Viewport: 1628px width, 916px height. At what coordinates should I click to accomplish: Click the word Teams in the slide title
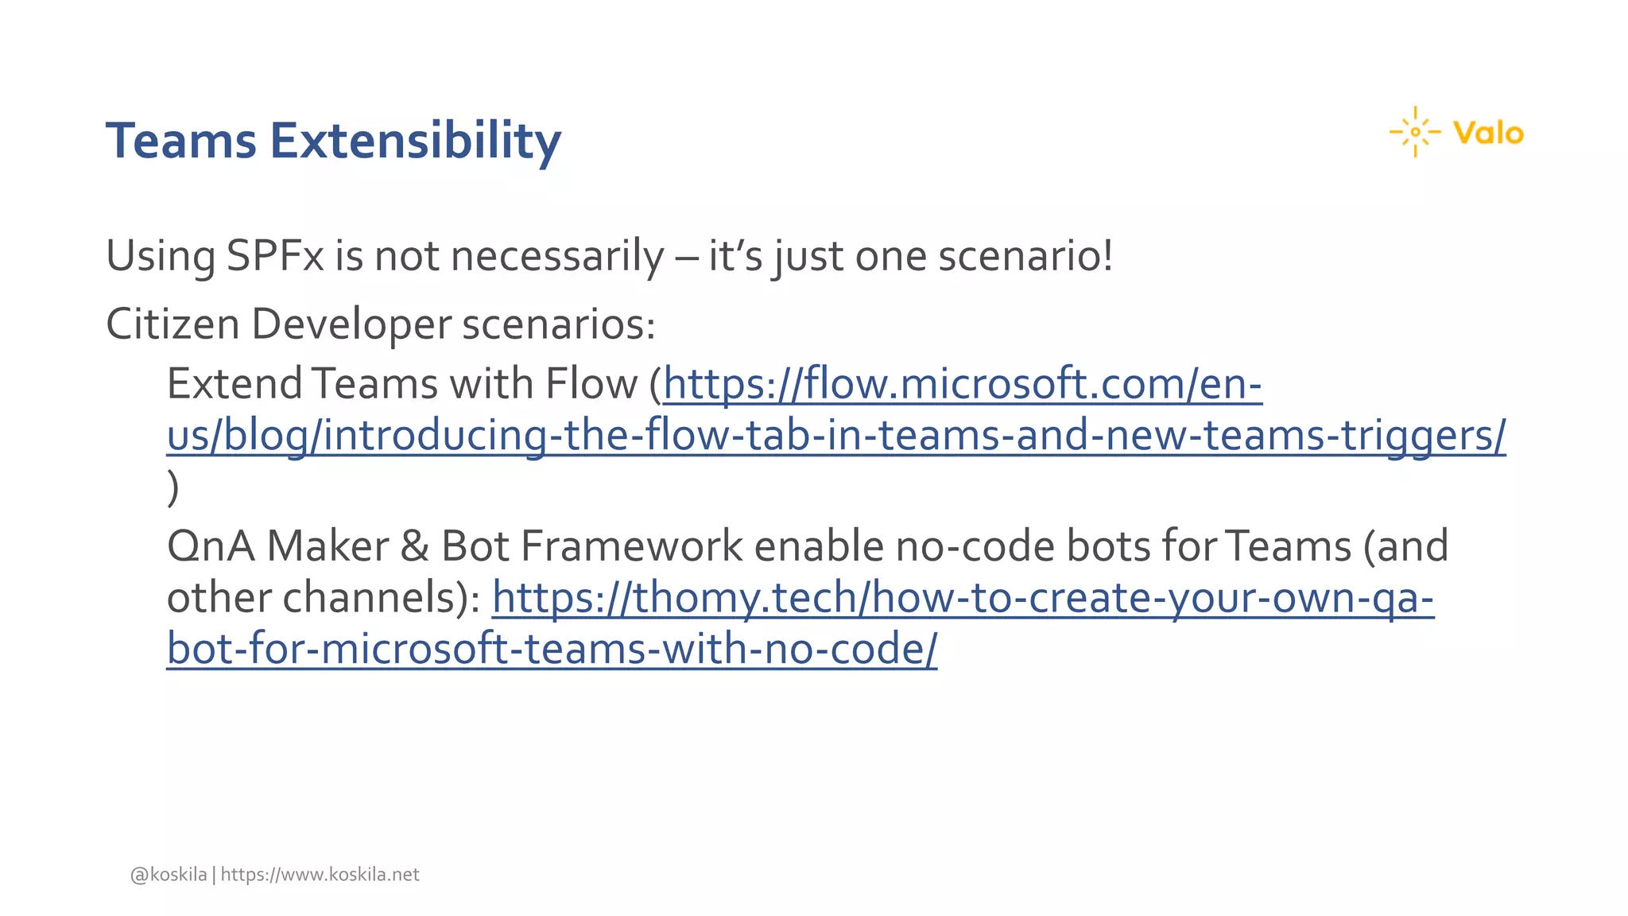pyautogui.click(x=181, y=141)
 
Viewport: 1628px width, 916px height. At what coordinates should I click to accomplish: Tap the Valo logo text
pyautogui.click(x=1487, y=133)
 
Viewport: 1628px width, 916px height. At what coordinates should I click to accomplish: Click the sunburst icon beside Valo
pyautogui.click(x=1415, y=132)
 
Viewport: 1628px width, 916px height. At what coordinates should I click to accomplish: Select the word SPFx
pyautogui.click(x=275, y=256)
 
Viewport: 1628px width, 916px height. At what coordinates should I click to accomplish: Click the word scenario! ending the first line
pyautogui.click(x=1025, y=256)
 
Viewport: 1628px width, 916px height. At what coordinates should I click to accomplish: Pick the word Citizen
pyautogui.click(x=172, y=324)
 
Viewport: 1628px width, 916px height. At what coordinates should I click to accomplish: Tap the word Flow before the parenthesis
pyautogui.click(x=591, y=384)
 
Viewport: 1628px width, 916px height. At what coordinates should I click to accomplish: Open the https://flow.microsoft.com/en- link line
pyautogui.click(x=962, y=384)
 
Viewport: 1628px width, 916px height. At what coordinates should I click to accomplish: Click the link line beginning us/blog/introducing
pyautogui.click(x=835, y=436)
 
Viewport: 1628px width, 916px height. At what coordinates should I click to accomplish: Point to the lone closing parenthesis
pyautogui.click(x=172, y=487)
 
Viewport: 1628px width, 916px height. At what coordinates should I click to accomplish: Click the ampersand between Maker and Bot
pyautogui.click(x=414, y=546)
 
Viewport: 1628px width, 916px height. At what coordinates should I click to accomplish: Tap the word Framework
pyautogui.click(x=631, y=546)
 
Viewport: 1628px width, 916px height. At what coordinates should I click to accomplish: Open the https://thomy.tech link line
pyautogui.click(x=962, y=597)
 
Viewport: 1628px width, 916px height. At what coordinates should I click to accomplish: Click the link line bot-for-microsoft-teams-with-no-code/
pyautogui.click(x=552, y=649)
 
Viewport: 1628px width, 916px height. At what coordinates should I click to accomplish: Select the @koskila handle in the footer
pyautogui.click(x=169, y=875)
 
